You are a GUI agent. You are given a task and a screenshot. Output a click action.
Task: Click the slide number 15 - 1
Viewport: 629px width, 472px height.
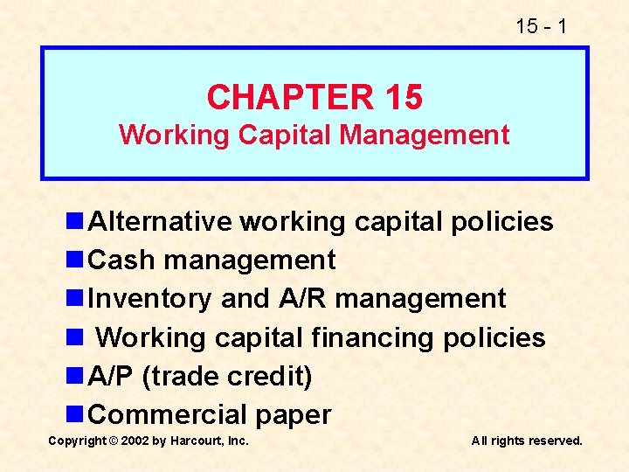[x=541, y=26]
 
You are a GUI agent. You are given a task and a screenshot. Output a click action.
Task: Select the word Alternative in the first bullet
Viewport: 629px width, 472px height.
[x=161, y=222]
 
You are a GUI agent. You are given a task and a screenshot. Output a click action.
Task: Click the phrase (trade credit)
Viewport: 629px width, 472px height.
[x=226, y=376]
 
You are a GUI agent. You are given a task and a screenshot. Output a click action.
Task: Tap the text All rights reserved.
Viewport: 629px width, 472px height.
[x=527, y=441]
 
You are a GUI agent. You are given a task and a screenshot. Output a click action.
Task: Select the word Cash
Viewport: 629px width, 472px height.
[x=123, y=260]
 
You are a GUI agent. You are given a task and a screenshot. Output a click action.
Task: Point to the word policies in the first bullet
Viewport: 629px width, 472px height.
[x=501, y=222]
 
